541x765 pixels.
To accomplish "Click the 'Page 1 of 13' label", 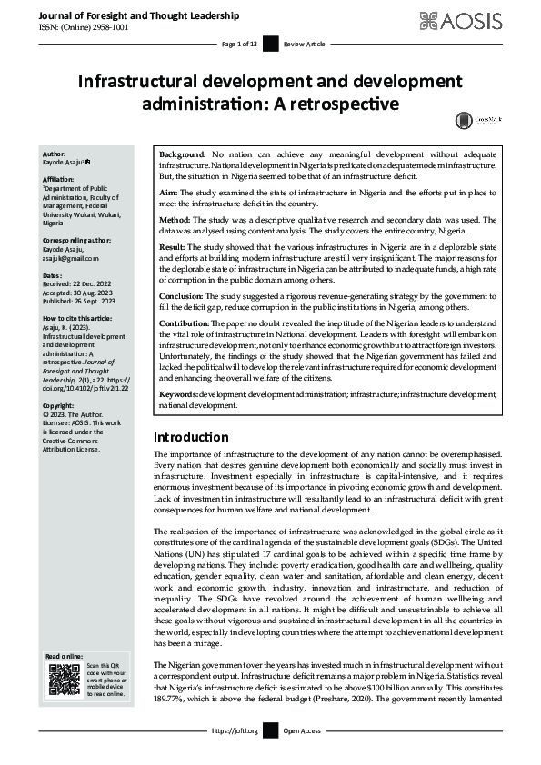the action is (239, 44).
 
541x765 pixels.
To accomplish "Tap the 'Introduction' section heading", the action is (191, 436).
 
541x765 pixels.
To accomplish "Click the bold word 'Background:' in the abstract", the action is (182, 156).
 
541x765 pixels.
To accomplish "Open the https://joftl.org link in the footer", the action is (235, 730).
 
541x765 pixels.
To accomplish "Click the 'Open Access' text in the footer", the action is (304, 730).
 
